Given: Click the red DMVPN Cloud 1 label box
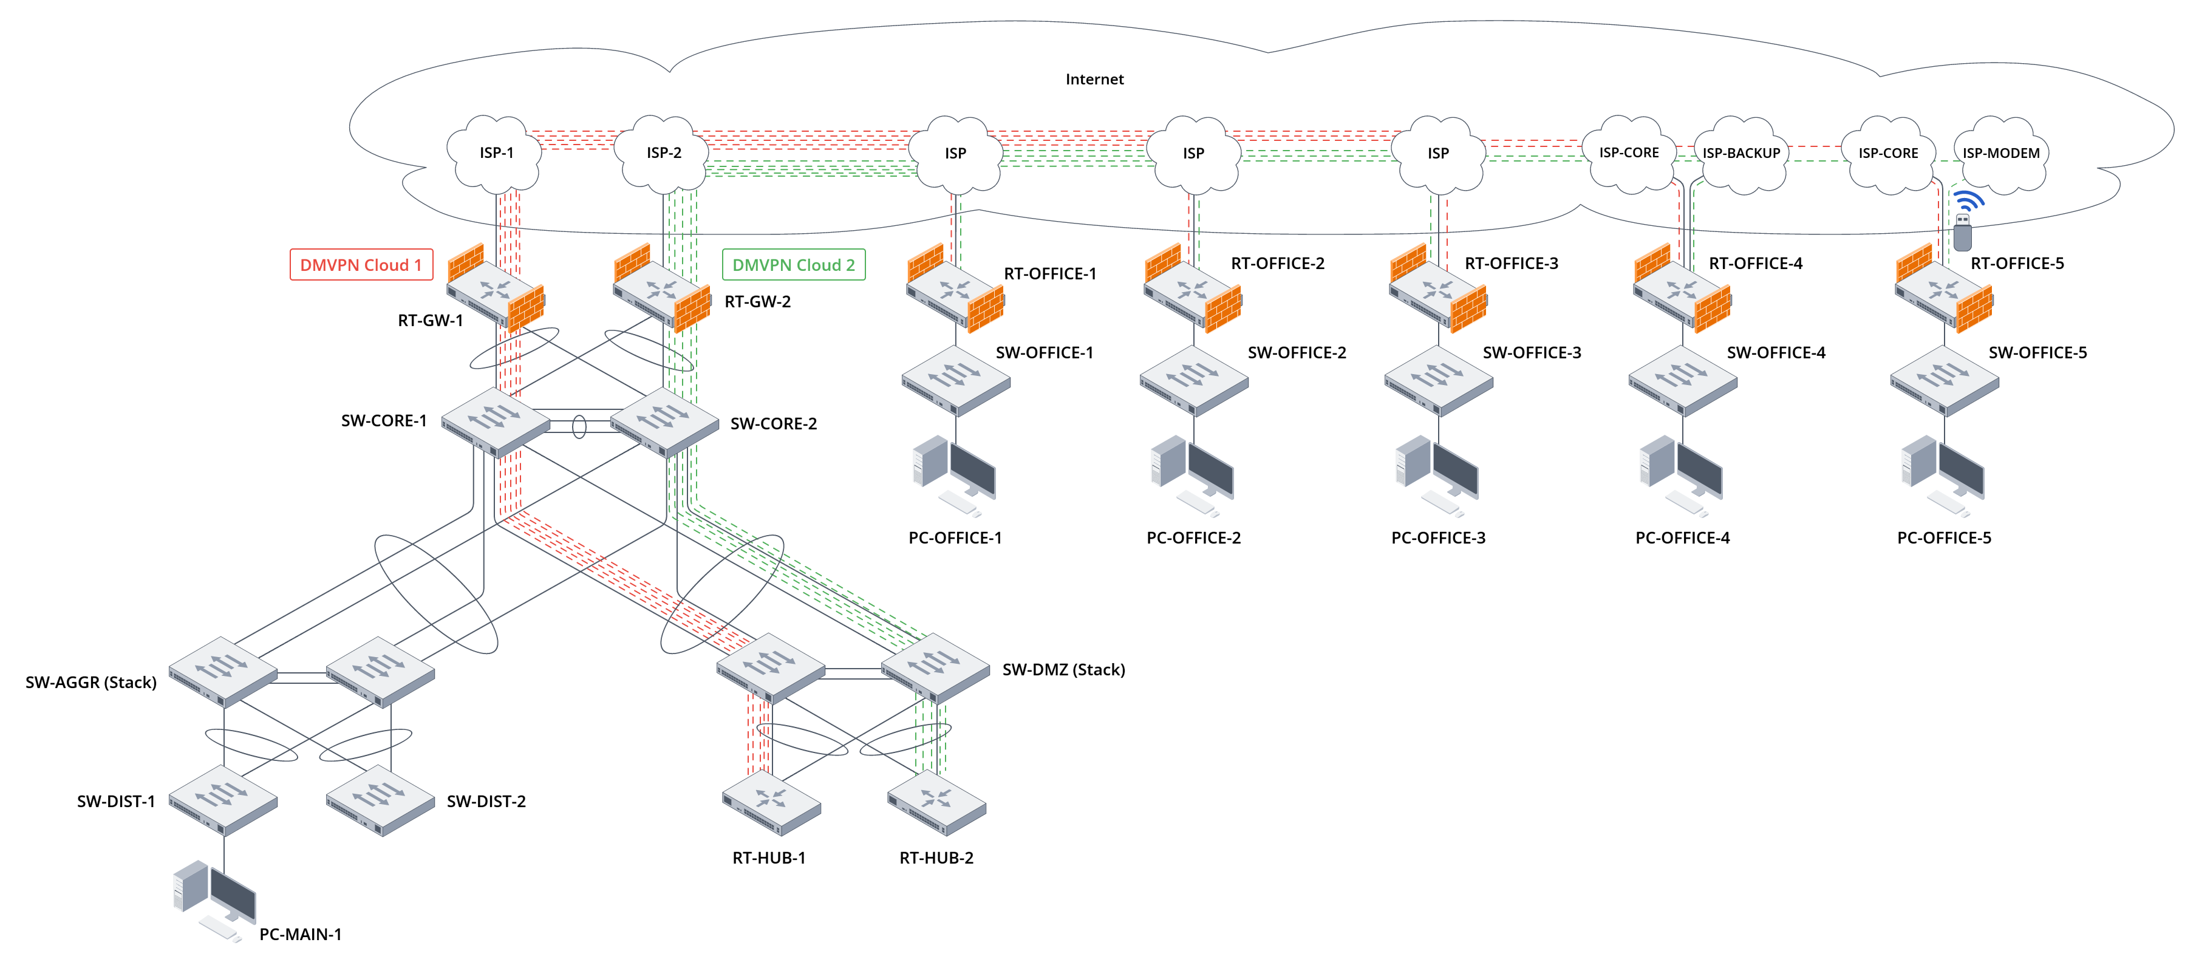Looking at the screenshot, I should click(361, 265).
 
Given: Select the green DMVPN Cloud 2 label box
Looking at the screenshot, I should click(793, 265).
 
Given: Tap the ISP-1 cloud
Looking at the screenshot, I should click(496, 153).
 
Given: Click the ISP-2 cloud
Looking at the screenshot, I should click(663, 153).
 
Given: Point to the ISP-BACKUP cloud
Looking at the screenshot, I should click(1740, 153).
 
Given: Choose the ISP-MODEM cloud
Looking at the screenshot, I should click(2000, 153).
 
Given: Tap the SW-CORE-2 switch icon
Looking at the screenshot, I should click(664, 421).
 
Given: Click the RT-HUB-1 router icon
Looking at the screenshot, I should click(771, 803).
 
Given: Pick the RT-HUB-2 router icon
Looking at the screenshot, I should click(936, 803).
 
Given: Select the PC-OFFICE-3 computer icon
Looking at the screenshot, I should click(1437, 474).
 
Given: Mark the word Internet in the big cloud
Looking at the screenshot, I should click(1094, 80).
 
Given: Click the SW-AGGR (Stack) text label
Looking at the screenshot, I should click(91, 683).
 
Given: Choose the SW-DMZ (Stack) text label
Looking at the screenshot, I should click(1063, 669).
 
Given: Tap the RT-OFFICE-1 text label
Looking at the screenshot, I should click(1049, 273).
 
